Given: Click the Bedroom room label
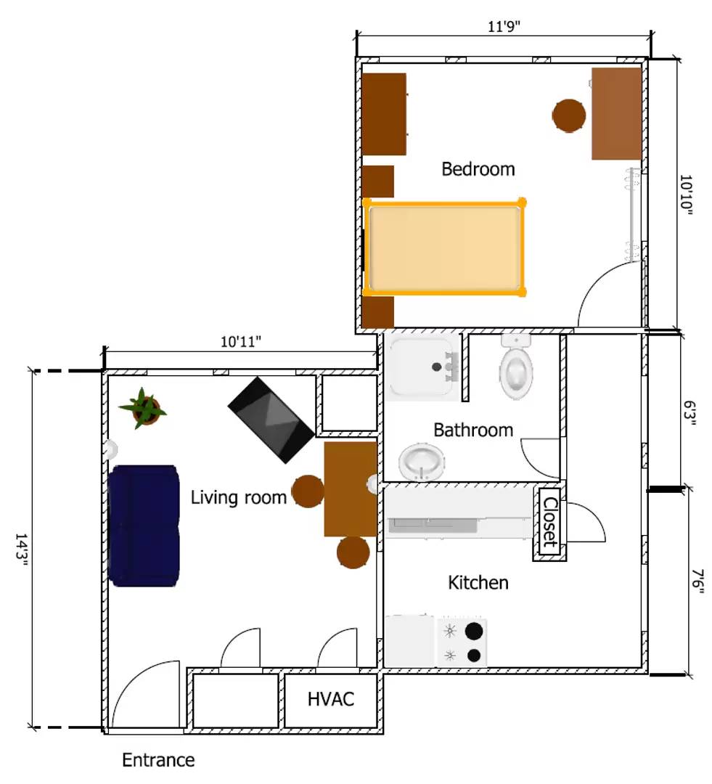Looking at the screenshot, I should click(478, 169).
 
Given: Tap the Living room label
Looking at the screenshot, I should click(238, 498).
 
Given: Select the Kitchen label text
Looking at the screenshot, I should click(478, 582).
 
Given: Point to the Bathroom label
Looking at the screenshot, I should click(472, 430).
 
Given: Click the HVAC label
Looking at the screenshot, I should click(331, 699).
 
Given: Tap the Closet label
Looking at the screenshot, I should click(550, 522).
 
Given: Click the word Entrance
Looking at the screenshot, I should click(158, 760).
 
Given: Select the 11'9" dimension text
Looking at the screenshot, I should click(504, 26).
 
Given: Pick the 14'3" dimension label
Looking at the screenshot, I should click(22, 552).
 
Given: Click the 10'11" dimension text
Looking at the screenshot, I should click(241, 341).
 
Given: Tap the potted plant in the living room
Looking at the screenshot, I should click(144, 409).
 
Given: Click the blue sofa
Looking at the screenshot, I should click(144, 525).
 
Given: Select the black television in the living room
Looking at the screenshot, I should click(271, 419).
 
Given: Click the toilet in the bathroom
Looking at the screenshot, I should click(516, 369).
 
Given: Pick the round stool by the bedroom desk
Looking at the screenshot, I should click(569, 115).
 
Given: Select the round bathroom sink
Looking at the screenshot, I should click(422, 462).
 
